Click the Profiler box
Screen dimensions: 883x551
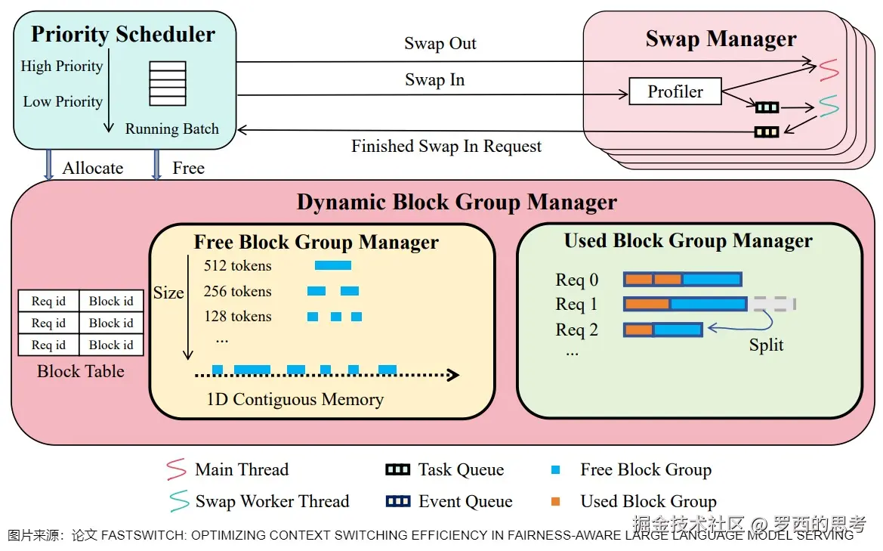click(x=675, y=91)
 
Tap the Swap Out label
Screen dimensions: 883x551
click(x=440, y=43)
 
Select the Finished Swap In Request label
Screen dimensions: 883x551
click(x=446, y=147)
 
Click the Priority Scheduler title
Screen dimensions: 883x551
click(x=123, y=34)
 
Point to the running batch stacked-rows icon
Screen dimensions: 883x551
click(x=167, y=83)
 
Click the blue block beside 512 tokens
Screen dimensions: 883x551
click(x=333, y=265)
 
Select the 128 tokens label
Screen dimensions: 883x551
click(x=238, y=317)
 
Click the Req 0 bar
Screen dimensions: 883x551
click(x=683, y=279)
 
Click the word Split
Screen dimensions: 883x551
click(x=766, y=345)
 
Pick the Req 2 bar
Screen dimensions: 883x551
click(x=662, y=330)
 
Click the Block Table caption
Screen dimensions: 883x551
click(x=81, y=371)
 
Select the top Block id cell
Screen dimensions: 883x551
click(x=111, y=302)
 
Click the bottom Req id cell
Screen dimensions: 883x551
click(x=48, y=345)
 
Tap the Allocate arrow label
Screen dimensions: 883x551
click(x=92, y=168)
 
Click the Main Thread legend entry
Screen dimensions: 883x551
click(x=227, y=469)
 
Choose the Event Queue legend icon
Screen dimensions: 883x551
click(x=398, y=501)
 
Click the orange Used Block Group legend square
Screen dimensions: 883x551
click(x=555, y=501)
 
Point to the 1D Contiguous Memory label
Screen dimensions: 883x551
click(x=295, y=399)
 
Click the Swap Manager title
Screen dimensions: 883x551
click(x=721, y=39)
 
